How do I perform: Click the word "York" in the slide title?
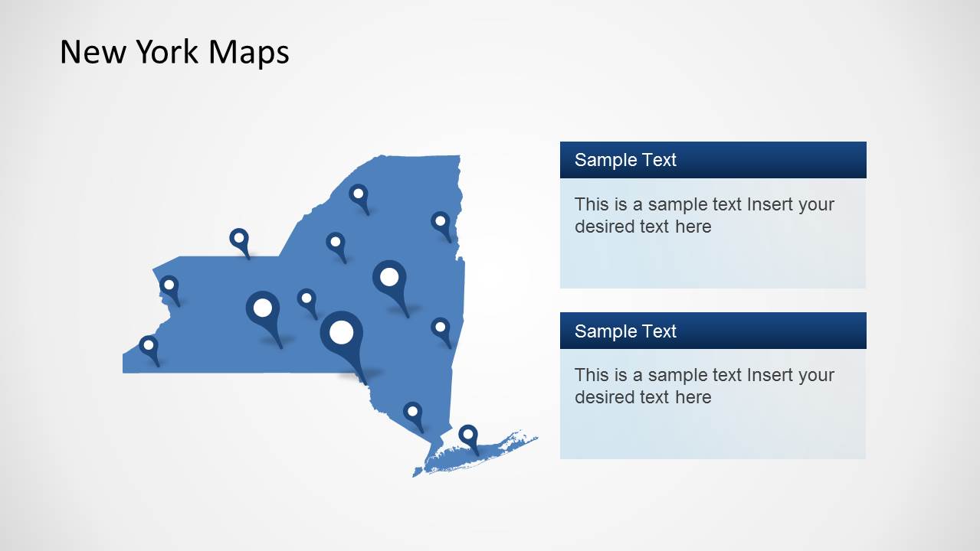click(168, 52)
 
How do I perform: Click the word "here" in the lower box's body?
click(693, 397)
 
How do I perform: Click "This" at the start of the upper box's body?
click(591, 204)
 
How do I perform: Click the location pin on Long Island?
click(468, 435)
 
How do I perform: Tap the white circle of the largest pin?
click(341, 332)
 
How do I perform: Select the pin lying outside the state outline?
click(239, 238)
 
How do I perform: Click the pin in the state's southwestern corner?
click(148, 345)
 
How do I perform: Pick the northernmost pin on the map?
click(358, 193)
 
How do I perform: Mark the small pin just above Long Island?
click(413, 412)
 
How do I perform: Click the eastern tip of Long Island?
click(536, 438)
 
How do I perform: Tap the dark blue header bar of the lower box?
click(766, 331)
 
